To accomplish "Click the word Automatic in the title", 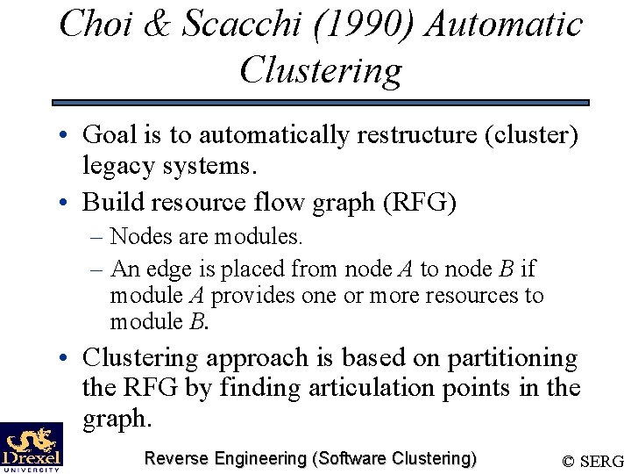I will click(x=505, y=24).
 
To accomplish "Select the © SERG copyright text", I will click(x=592, y=461).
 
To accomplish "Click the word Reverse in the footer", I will click(x=177, y=458).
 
